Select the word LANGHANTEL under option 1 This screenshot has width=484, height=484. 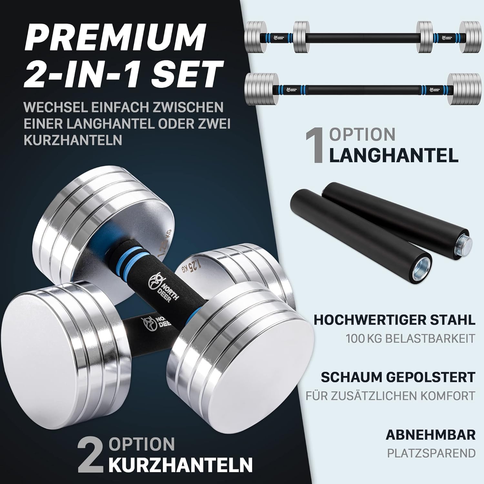tap(394, 155)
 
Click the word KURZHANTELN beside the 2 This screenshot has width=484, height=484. tap(180, 464)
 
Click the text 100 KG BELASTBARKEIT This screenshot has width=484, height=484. tap(411, 338)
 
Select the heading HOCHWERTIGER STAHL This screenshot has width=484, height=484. tap(395, 320)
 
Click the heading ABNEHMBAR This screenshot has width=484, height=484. tap(431, 435)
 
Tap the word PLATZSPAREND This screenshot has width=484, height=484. tap(431, 453)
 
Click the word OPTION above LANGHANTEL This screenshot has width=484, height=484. tap(362, 135)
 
